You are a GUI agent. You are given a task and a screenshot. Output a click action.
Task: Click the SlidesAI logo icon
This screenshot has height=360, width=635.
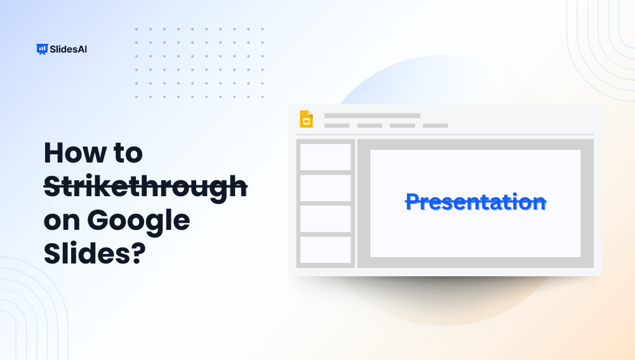[x=43, y=49]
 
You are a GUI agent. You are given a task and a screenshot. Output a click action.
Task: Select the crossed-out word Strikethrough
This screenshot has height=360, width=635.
[x=145, y=187]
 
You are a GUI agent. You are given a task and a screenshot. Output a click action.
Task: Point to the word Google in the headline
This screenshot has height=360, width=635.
[x=138, y=221]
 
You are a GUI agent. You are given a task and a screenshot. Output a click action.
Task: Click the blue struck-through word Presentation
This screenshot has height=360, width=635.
[x=476, y=202]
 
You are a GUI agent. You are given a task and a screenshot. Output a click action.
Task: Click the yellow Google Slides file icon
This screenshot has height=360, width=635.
[x=306, y=119]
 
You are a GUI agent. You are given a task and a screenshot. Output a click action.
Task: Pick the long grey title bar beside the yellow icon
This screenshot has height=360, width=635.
[x=372, y=116]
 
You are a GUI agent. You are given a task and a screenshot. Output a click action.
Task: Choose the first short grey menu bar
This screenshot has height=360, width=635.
[x=337, y=126]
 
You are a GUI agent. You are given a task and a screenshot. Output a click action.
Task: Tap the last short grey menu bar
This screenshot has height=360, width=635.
[x=435, y=126]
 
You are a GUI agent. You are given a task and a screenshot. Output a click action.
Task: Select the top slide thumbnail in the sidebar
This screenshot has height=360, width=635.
[x=325, y=157]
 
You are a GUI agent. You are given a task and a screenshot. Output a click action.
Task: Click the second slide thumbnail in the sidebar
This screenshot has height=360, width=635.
[x=325, y=188]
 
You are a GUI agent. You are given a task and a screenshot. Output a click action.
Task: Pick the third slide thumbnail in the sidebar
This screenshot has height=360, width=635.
[x=325, y=218]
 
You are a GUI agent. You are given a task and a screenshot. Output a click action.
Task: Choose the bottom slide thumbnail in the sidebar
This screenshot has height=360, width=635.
[x=325, y=250]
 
